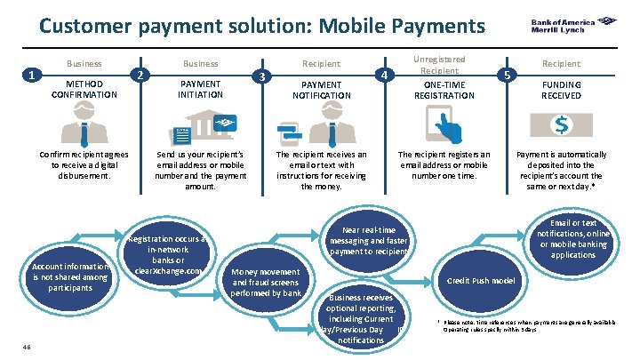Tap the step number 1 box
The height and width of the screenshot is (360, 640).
32,75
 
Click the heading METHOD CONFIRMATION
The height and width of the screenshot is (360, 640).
84,89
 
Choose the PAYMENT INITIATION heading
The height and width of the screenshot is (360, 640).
201,89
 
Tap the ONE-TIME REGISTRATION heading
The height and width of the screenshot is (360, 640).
439,90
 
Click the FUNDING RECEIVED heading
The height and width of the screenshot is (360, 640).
561,89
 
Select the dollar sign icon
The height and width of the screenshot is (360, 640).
562,125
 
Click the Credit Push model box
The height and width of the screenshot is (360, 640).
480,281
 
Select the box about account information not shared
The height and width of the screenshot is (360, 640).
71,276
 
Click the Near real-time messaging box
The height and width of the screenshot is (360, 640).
368,240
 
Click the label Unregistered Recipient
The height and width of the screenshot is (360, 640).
439,65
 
